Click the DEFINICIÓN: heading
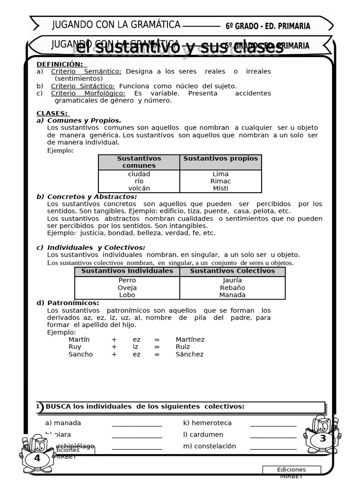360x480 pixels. [x=60, y=64]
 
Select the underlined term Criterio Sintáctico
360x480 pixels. [x=82, y=86]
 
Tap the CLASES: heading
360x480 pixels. [x=52, y=113]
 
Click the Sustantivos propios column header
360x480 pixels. [x=220, y=158]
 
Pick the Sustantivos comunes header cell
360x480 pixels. [x=139, y=162]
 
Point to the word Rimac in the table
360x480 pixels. [x=220, y=181]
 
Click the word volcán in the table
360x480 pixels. [x=139, y=188]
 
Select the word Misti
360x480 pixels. [x=220, y=188]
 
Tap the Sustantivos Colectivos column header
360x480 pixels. [x=232, y=271]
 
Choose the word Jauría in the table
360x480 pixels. [x=232, y=280]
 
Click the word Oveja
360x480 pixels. [x=127, y=288]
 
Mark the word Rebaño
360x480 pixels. [x=232, y=288]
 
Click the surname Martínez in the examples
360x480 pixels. [x=190, y=339]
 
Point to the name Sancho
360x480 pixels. [x=81, y=354]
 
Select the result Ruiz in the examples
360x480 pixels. [x=183, y=347]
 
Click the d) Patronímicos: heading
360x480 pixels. [x=68, y=303]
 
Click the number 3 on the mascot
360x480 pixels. [x=322, y=439]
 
